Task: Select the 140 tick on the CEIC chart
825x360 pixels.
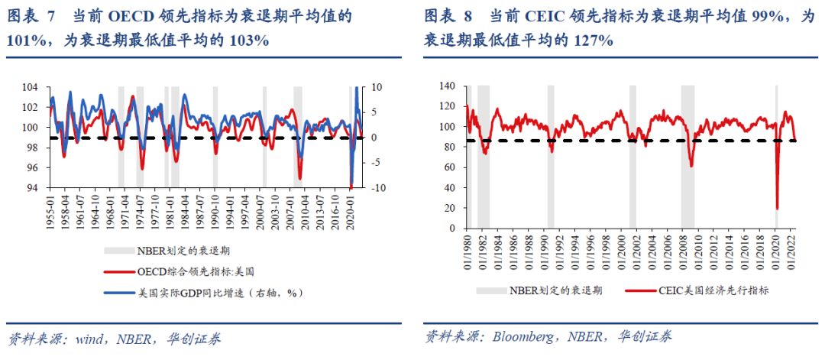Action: [447, 86]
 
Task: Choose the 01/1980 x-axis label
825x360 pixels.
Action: [465, 248]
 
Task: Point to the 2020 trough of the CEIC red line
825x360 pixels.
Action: [777, 209]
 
